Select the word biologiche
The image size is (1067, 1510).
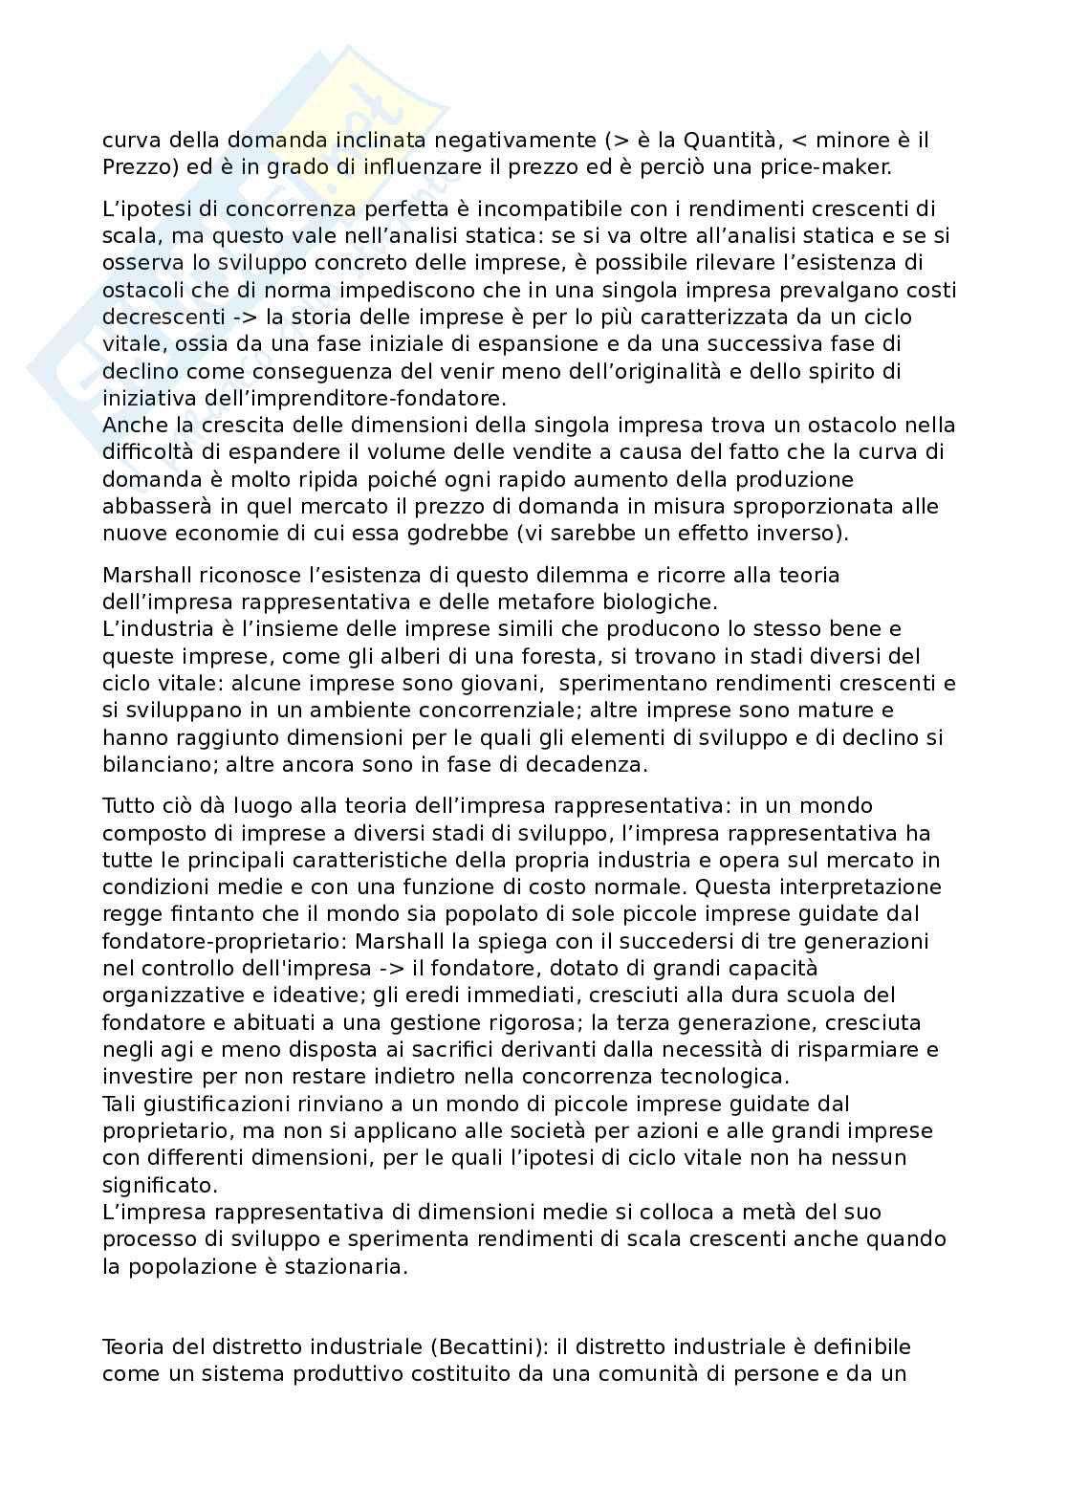click(664, 602)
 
